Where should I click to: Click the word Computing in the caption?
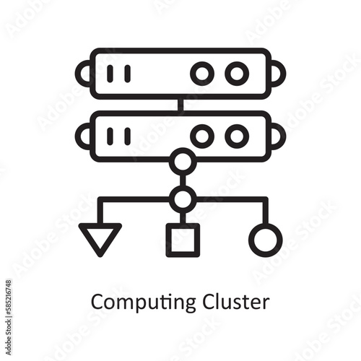tap(143, 303)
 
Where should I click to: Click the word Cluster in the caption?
tap(236, 301)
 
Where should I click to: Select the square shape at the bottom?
tap(183, 240)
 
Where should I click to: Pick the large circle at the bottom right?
tap(265, 240)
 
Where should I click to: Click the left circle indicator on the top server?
tap(202, 74)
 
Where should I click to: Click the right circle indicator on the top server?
tap(237, 74)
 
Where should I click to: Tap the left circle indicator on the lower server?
tap(202, 136)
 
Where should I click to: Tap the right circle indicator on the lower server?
tap(237, 136)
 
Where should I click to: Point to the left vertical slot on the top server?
tap(110, 74)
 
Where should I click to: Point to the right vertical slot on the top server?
tap(128, 74)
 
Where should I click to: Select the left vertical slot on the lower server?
tap(110, 136)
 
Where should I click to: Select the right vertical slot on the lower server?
tap(128, 136)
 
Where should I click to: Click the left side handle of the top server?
tap(77, 74)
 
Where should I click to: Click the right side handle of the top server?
tap(284, 74)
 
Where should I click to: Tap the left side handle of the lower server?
tap(77, 136)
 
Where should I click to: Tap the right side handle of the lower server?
tap(284, 136)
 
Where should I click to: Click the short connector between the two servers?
tap(180, 105)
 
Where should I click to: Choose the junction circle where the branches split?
tap(183, 199)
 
